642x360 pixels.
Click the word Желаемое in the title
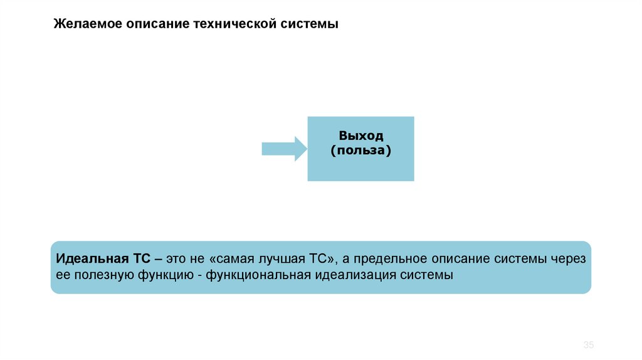(x=87, y=24)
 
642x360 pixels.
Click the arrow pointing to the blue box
(x=283, y=149)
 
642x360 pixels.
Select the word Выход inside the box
(x=360, y=136)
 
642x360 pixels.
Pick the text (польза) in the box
(x=360, y=151)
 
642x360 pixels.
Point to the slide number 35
(x=588, y=346)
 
